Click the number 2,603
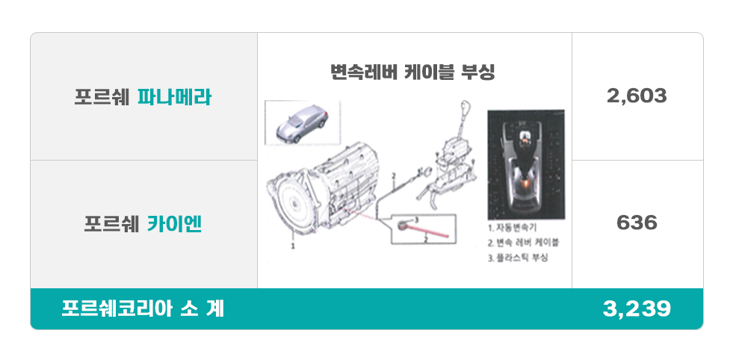click(637, 96)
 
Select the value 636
click(637, 223)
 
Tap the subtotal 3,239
click(637, 309)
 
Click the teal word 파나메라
click(174, 97)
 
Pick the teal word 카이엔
click(175, 224)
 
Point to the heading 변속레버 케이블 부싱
click(413, 72)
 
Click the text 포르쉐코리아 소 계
click(143, 309)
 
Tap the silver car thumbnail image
click(303, 123)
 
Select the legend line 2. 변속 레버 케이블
click(523, 243)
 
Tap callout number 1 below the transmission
click(293, 246)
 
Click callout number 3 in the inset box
click(416, 219)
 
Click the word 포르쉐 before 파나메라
click(102, 97)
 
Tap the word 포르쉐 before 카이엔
click(112, 224)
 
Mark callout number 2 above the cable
click(394, 176)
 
